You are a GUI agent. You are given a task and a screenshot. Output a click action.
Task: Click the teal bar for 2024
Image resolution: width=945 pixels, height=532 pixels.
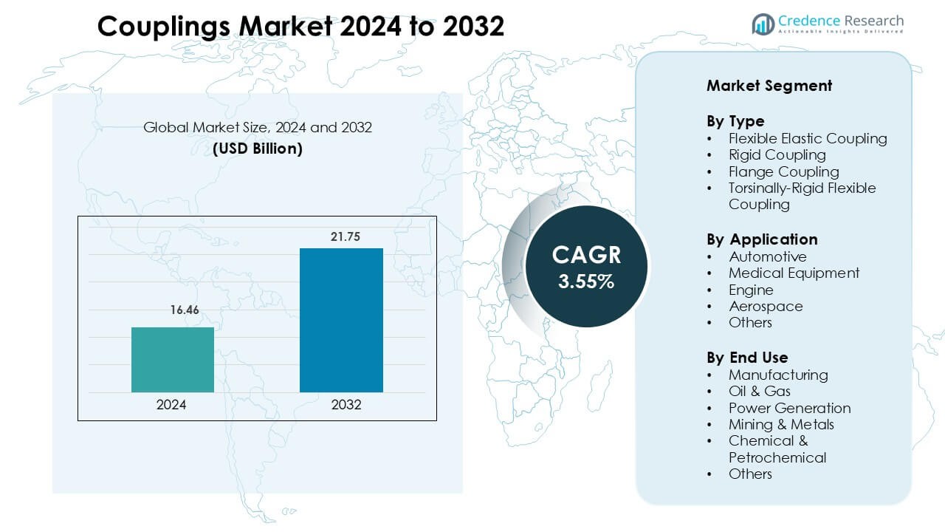[x=173, y=360]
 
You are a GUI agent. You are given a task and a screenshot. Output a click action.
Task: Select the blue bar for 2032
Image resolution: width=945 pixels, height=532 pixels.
[x=341, y=320]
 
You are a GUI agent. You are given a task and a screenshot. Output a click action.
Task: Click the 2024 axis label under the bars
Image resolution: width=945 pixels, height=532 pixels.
[x=171, y=405]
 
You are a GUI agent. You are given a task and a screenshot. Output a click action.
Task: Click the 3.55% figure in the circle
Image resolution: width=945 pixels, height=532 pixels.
[x=586, y=282]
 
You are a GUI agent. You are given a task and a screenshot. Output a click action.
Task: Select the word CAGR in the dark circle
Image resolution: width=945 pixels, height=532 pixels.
[x=586, y=255]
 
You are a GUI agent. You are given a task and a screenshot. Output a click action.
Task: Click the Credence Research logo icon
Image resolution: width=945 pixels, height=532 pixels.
[x=763, y=24]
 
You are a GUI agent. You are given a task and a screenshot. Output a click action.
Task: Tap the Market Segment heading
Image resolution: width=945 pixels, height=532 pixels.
[x=769, y=86]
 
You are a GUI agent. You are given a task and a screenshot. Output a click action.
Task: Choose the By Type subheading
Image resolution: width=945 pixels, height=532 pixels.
[x=735, y=121]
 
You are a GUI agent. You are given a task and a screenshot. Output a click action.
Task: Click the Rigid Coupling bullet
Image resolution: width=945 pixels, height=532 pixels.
[x=777, y=155]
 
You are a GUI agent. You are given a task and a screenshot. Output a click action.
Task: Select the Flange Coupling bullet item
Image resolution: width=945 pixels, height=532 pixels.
[x=783, y=171]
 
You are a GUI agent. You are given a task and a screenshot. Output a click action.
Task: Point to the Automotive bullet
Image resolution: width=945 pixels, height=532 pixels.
[x=767, y=257]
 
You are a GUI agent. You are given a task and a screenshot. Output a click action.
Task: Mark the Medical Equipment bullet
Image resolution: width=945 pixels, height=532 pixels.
[x=794, y=273]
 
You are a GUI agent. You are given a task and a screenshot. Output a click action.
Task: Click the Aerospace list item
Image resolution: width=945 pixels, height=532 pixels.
[x=766, y=307]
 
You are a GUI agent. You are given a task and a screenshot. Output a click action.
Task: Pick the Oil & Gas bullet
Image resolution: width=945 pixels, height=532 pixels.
[x=759, y=392]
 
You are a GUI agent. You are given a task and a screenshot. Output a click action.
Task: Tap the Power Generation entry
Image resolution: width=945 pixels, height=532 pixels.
[x=789, y=409]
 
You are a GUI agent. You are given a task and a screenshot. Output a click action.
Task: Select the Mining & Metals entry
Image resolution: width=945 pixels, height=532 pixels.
[x=781, y=425]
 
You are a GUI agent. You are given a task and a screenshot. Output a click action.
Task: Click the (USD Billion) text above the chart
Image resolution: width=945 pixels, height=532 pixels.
[x=258, y=149]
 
